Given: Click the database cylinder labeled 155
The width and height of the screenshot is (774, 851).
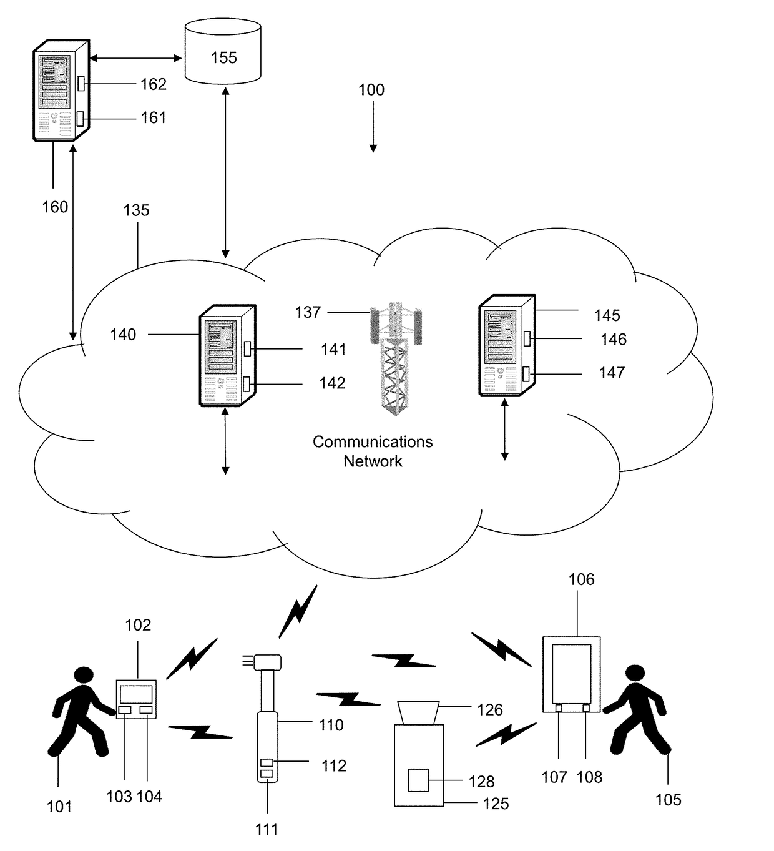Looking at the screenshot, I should click(x=223, y=50).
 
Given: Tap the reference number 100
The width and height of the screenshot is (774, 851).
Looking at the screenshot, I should click(x=371, y=90).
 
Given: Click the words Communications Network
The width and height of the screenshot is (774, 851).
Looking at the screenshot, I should click(x=373, y=451).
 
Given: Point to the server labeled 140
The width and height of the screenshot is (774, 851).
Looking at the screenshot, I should click(x=227, y=356).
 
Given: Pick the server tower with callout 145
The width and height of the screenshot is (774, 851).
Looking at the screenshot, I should click(x=506, y=345).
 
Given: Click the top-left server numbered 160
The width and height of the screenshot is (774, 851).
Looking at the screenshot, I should click(x=61, y=90).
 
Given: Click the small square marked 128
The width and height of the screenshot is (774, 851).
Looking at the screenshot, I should click(x=418, y=781).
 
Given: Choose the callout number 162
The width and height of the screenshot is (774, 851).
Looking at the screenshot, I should click(x=154, y=84).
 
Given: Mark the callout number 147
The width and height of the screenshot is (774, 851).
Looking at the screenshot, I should click(x=612, y=373).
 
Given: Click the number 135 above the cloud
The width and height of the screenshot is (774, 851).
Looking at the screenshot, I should click(x=136, y=210).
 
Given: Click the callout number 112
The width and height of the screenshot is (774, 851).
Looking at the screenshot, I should click(x=334, y=766).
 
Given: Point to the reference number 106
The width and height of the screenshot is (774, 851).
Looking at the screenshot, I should click(x=581, y=579).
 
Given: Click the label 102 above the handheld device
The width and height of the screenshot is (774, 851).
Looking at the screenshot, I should click(x=138, y=625).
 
